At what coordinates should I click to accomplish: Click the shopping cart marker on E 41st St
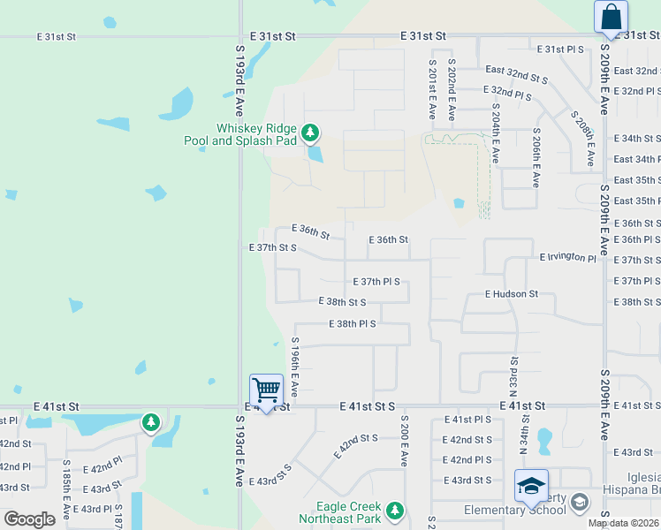[266, 390]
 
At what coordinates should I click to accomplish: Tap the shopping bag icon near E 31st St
[611, 17]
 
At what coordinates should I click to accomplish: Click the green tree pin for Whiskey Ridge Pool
[309, 133]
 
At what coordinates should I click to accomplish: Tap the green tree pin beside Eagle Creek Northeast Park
[394, 511]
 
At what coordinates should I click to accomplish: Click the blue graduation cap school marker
[531, 487]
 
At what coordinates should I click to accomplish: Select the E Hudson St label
[512, 293]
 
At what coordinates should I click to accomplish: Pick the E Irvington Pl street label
[568, 256]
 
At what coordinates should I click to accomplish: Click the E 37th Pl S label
[376, 282]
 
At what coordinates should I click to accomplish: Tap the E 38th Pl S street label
[353, 324]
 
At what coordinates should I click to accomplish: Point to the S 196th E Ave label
[294, 367]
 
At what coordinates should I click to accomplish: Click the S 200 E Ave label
[404, 441]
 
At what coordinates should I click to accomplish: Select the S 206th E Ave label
[536, 157]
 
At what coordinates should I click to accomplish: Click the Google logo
[28, 519]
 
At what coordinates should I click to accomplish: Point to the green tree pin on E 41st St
[151, 422]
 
